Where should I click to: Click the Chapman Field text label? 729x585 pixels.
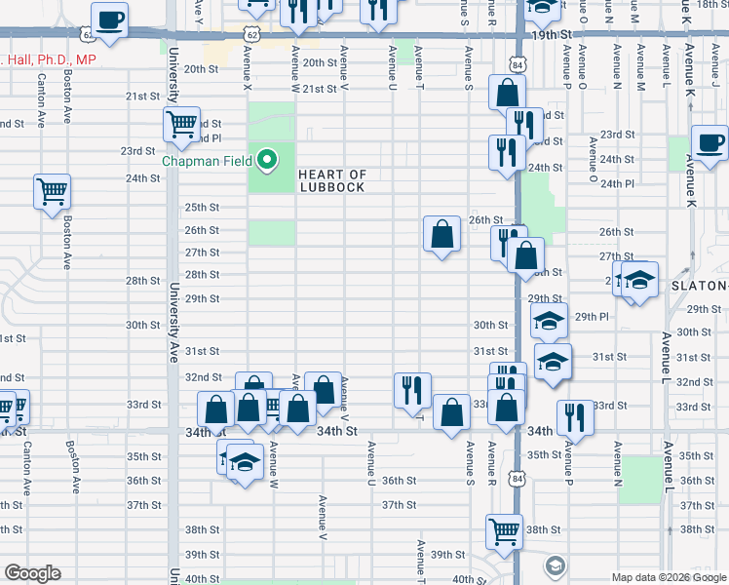(207, 161)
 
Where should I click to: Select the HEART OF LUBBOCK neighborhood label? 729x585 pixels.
(332, 180)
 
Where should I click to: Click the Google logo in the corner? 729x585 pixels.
(32, 573)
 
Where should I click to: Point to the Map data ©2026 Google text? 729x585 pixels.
(668, 577)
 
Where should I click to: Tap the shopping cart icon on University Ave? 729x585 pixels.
(181, 125)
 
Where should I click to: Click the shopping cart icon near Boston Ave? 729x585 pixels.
(52, 190)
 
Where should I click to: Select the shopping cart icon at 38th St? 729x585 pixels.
(504, 530)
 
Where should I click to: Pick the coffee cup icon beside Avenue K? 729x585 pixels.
(709, 142)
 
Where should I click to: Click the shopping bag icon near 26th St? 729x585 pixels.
(441, 233)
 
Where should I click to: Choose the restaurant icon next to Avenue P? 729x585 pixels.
(575, 417)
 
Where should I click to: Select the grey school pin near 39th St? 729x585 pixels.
(555, 565)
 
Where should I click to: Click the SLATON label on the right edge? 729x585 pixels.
(699, 286)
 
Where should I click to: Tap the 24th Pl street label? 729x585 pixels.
(617, 184)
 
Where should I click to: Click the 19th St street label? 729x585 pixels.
(551, 34)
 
